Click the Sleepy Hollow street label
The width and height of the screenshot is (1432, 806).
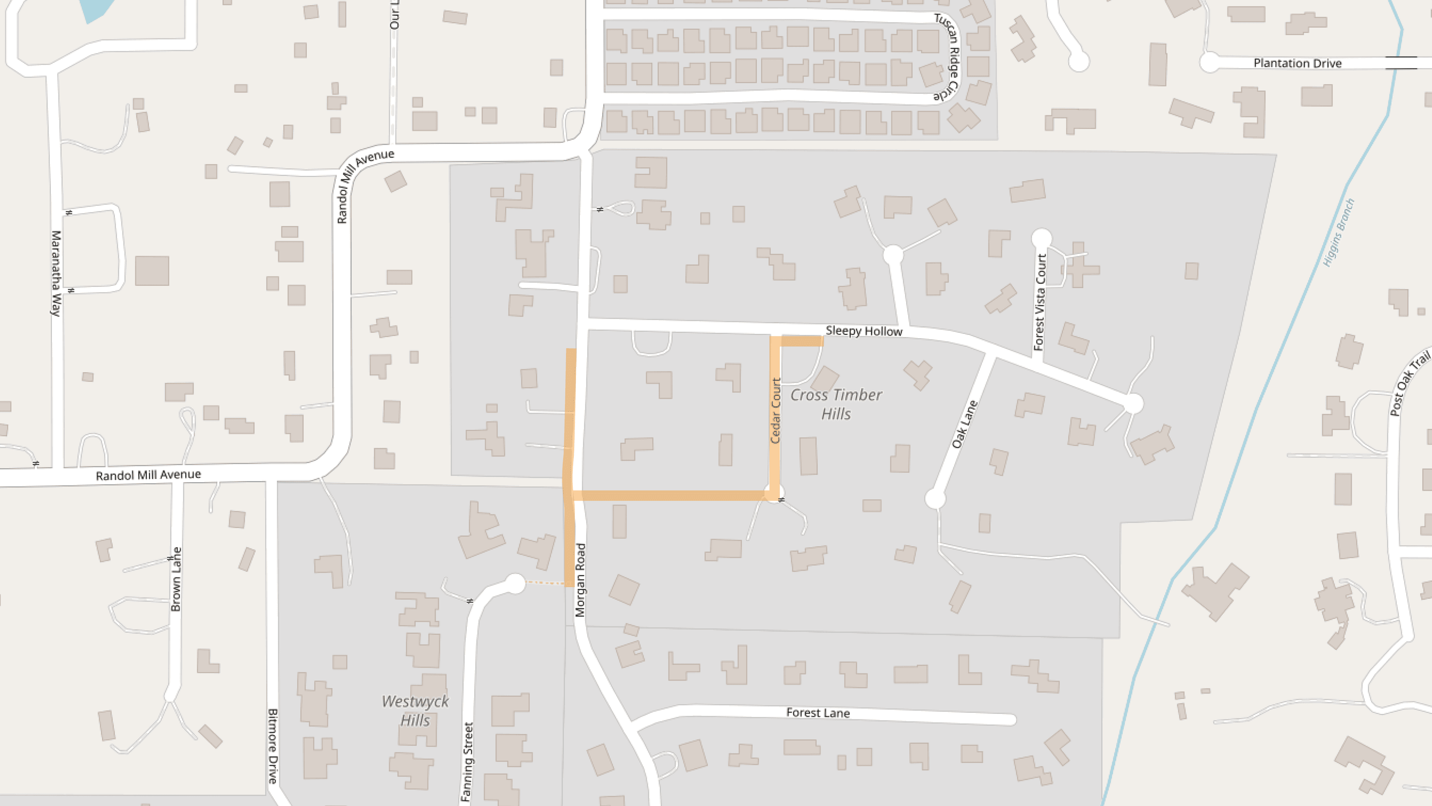[864, 331]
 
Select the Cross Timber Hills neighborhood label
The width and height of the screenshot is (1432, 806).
[836, 404]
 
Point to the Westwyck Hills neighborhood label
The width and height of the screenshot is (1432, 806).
[415, 710]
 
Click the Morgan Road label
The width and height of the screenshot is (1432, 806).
[580, 580]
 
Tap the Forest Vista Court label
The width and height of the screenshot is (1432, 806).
[1040, 302]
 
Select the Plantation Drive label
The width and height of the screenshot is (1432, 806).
[1297, 63]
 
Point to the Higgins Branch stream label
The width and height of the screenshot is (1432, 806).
[1339, 232]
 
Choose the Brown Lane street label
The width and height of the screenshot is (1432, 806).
[176, 579]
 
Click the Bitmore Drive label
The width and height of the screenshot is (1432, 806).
[273, 746]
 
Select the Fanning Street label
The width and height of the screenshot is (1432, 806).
[468, 762]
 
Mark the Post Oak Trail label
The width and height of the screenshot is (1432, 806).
[1409, 383]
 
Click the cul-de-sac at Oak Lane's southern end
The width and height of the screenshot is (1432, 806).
[935, 499]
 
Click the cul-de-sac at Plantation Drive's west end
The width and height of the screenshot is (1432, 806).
[1210, 62]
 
